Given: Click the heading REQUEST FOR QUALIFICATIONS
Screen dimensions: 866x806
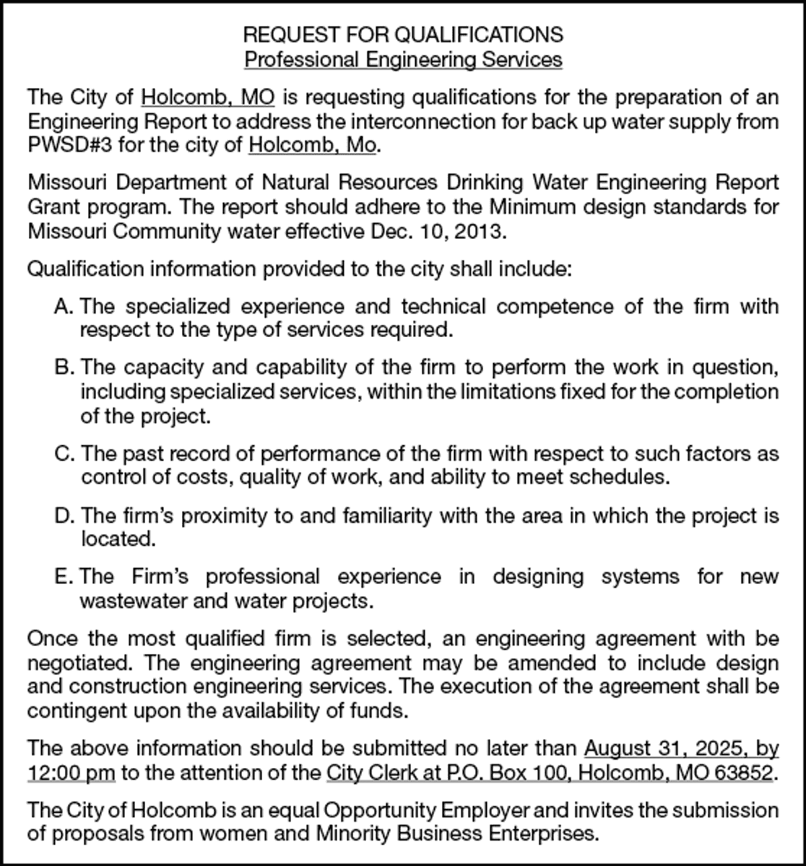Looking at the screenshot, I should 403,34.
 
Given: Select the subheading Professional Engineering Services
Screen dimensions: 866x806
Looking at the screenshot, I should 403,60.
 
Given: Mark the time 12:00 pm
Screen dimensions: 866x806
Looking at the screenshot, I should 71,773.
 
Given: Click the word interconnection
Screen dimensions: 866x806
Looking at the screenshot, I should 467,122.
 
